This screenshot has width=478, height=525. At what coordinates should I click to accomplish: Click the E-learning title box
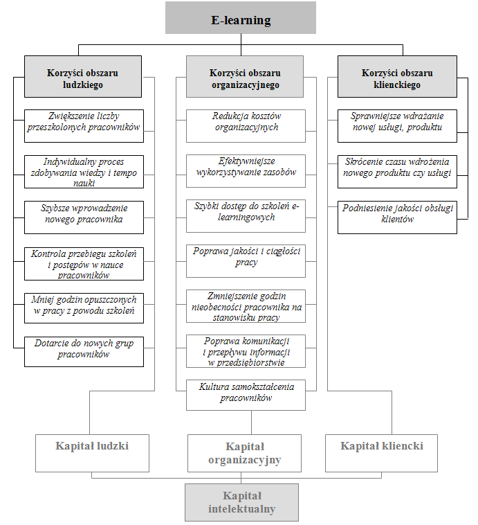(241, 18)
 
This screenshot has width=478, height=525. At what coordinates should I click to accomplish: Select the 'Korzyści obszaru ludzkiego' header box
(83, 77)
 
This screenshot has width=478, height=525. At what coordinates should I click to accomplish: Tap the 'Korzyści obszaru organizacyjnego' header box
(245, 77)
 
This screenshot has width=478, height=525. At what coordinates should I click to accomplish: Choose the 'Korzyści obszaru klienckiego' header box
(397, 77)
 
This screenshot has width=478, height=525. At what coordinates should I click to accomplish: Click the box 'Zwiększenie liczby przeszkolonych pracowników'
(84, 126)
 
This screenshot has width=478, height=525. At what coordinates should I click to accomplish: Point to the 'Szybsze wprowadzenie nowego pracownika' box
(84, 217)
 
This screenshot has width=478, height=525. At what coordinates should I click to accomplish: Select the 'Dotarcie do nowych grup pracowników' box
(84, 352)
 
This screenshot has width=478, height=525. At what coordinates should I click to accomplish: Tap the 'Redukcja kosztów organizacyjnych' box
(246, 126)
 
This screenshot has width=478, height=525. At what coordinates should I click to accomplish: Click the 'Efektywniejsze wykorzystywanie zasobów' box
(246, 171)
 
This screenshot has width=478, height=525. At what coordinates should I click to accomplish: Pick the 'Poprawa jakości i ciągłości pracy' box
(246, 261)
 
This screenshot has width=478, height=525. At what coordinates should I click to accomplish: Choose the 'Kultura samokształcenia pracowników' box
(246, 395)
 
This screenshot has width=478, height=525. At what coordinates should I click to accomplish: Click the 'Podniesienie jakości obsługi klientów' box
(397, 217)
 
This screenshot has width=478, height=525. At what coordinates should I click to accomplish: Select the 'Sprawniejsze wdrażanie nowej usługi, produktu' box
(397, 126)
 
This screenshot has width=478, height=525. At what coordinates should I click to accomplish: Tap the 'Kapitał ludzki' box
(92, 454)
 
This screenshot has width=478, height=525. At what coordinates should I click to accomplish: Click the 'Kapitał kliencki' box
(381, 454)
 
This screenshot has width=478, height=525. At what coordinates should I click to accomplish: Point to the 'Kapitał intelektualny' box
(241, 502)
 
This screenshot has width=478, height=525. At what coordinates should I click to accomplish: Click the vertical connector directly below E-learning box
(241, 45)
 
